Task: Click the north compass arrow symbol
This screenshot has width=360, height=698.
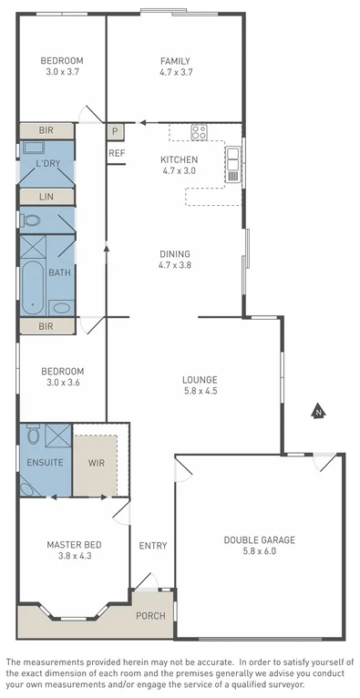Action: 317,412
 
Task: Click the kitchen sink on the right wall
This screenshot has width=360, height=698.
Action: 233,163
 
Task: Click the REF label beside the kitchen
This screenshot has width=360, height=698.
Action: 117,153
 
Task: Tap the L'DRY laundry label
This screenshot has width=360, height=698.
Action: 47,164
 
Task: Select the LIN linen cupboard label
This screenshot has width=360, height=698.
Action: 46,196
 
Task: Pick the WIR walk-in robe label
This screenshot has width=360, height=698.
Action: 95,463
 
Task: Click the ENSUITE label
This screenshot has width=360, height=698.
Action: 46,463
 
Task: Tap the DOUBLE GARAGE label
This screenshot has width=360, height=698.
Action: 259,539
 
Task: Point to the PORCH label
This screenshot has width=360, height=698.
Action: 150,614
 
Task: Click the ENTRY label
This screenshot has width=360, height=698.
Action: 152,546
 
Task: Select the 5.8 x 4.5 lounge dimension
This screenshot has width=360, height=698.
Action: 199,391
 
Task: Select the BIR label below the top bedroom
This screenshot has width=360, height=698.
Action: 46,131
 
